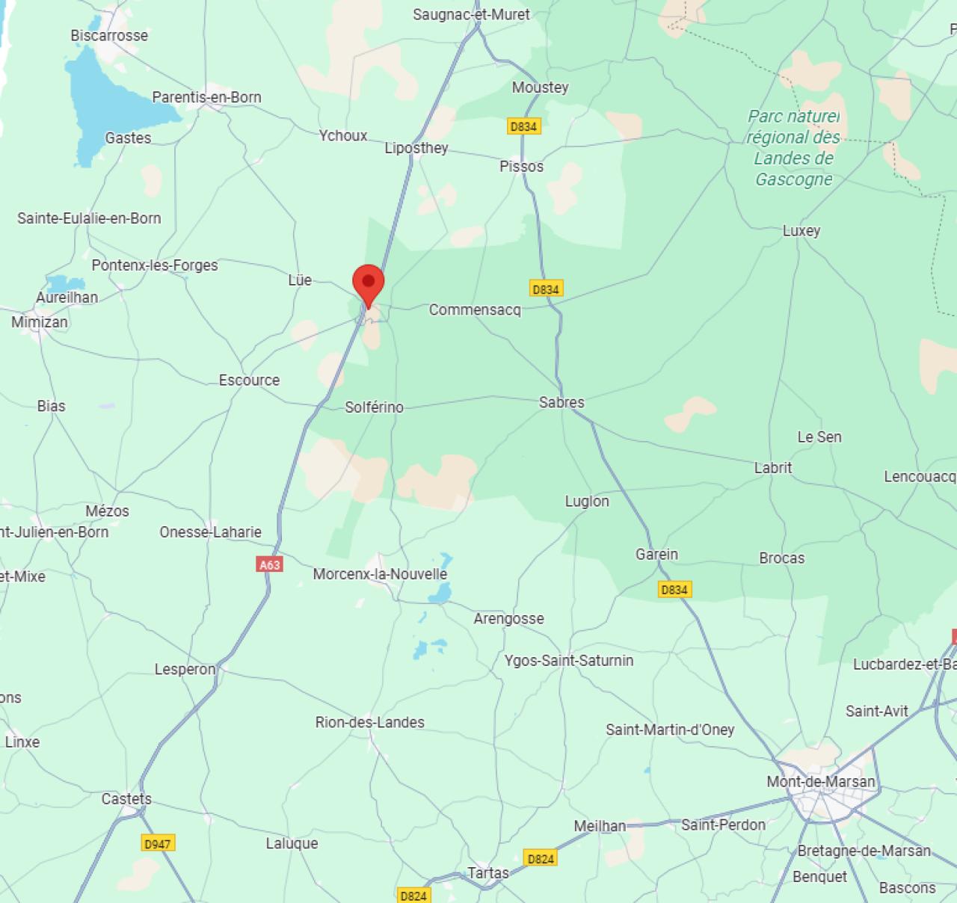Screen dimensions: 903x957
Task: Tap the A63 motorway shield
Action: [x=269, y=564]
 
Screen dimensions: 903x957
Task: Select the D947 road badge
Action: [x=157, y=843]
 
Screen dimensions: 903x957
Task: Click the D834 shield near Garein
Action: [x=674, y=590]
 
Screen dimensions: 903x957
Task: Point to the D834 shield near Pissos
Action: [x=523, y=126]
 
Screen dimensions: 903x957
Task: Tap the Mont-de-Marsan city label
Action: [x=820, y=782]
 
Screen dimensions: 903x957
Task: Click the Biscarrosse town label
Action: [x=109, y=36]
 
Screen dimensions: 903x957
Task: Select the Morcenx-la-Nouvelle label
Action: [x=380, y=574]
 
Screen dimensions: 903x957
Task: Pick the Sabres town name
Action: [x=561, y=402]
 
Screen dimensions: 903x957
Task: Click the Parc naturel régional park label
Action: [x=793, y=147]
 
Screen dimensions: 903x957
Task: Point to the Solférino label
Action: [x=374, y=407]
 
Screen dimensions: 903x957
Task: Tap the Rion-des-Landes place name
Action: [x=369, y=722]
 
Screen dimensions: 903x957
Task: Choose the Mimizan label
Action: [x=40, y=322]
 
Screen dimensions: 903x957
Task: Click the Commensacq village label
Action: [x=475, y=309]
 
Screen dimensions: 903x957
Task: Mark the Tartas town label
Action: [x=488, y=872]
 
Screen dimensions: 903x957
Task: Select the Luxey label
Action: [x=801, y=231]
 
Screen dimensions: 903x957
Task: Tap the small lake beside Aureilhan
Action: [x=66, y=283]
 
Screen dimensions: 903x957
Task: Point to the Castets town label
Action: [x=126, y=799]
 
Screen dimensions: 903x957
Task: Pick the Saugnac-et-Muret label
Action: [x=471, y=14]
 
